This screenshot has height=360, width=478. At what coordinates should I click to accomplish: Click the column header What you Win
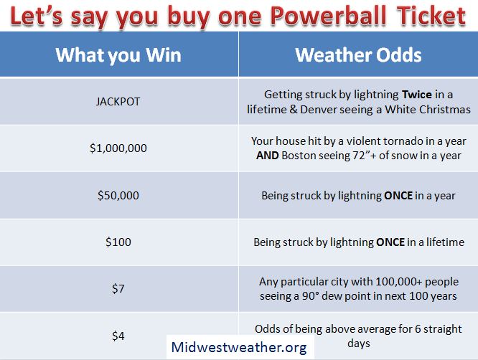[x=118, y=55]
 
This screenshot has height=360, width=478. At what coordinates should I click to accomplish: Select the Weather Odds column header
[x=358, y=55]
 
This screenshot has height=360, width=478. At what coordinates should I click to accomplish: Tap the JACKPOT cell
[x=118, y=101]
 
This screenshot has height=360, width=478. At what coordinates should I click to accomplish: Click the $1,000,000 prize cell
[x=118, y=148]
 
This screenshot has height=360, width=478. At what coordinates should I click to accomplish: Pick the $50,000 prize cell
[x=118, y=195]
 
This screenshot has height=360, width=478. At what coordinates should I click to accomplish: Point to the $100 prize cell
[x=118, y=242]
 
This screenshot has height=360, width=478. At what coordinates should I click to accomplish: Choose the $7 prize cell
[x=118, y=288]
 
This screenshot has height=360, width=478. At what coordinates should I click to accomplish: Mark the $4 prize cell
[x=118, y=336]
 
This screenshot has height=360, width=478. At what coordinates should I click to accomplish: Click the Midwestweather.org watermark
[x=239, y=348]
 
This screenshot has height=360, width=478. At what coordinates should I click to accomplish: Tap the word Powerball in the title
[x=328, y=16]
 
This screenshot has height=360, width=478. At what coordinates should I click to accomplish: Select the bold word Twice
[x=417, y=95]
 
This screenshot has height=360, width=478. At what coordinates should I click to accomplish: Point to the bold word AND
[x=268, y=156]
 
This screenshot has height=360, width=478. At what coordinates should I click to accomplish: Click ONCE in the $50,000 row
[x=398, y=196]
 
